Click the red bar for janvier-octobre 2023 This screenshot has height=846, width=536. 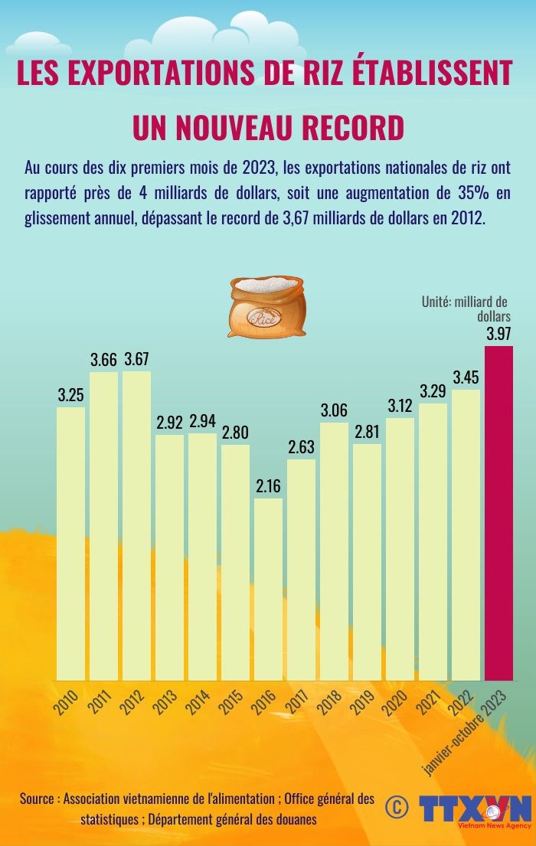(x=498, y=513)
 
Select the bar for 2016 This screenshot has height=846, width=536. (x=268, y=590)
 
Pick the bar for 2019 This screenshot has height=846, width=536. (x=367, y=562)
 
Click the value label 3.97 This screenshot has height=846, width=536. (x=498, y=334)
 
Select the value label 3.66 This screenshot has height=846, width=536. (x=103, y=359)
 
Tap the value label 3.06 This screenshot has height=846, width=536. (x=334, y=410)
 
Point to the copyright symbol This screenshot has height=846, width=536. (x=396, y=806)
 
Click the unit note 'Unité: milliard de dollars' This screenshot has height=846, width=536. (x=466, y=309)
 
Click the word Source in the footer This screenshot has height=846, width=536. (x=37, y=799)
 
